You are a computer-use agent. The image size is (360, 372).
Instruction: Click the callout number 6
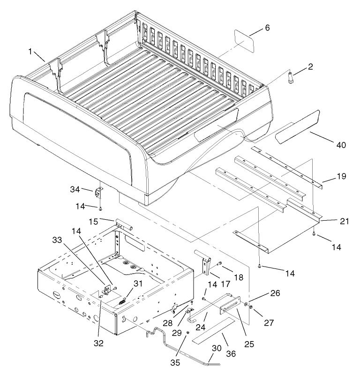tap(268, 28)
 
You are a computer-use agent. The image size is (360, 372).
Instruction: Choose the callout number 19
tap(340, 177)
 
